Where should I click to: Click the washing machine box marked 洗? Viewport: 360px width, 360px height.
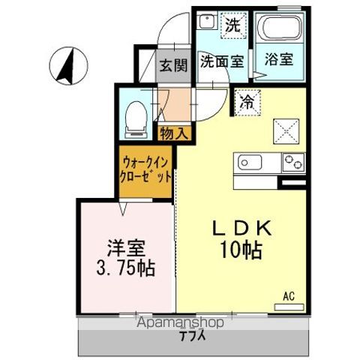pos(233,25)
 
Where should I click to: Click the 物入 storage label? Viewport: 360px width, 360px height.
pos(174,133)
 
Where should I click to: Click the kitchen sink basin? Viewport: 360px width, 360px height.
pos(250,161)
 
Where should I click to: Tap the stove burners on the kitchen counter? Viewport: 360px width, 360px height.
pos(292,161)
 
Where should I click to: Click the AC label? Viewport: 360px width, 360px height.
pos(289,297)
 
